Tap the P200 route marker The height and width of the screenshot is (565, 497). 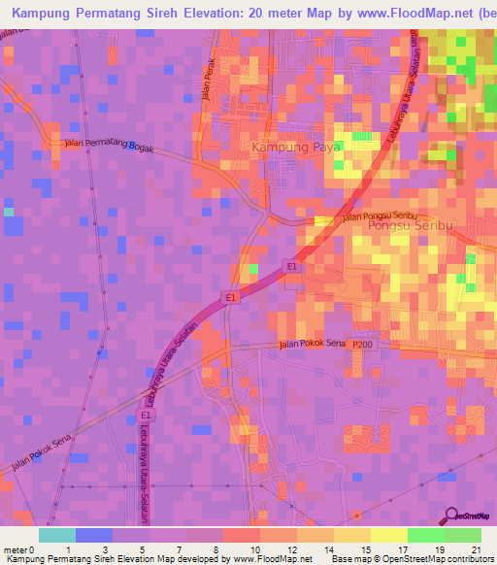362,345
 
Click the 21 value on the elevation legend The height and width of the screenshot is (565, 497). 476,548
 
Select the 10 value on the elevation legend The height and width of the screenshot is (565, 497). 254,548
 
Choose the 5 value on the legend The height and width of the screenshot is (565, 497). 143,548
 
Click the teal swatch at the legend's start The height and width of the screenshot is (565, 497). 57,535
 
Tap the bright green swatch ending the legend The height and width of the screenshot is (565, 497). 463,535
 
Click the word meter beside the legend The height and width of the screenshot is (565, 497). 15,548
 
